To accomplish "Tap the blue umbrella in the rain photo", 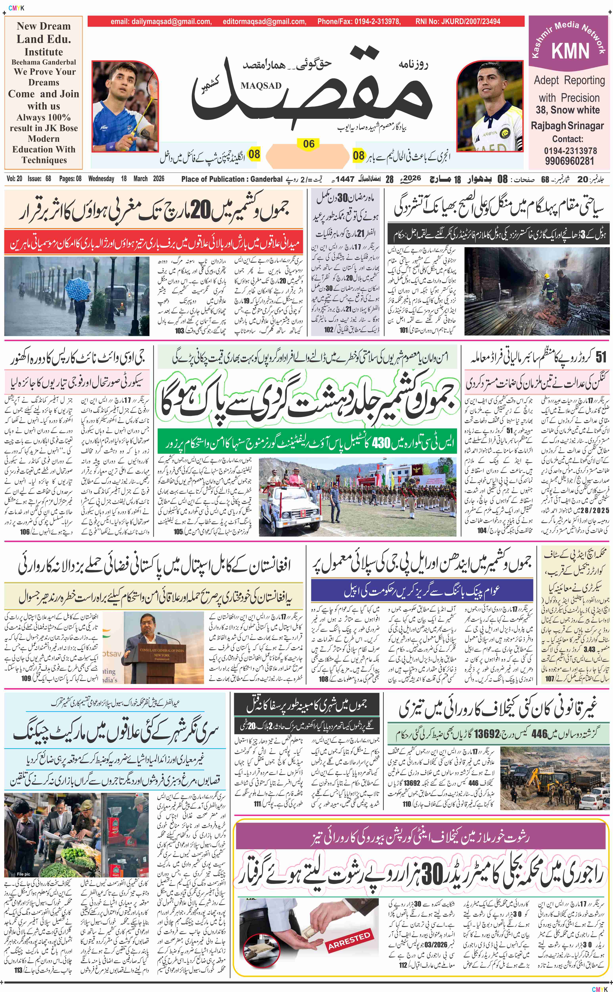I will (78, 288).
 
